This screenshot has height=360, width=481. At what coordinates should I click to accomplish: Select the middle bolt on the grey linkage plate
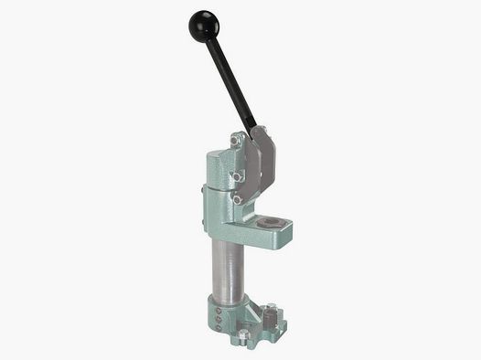click(236, 175)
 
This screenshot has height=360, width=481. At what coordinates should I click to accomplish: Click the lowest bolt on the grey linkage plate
click(237, 198)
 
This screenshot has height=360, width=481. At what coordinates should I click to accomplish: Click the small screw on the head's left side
click(202, 191)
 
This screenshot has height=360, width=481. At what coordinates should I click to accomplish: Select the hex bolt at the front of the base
click(243, 336)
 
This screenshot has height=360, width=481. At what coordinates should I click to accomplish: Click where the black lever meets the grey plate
click(252, 132)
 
